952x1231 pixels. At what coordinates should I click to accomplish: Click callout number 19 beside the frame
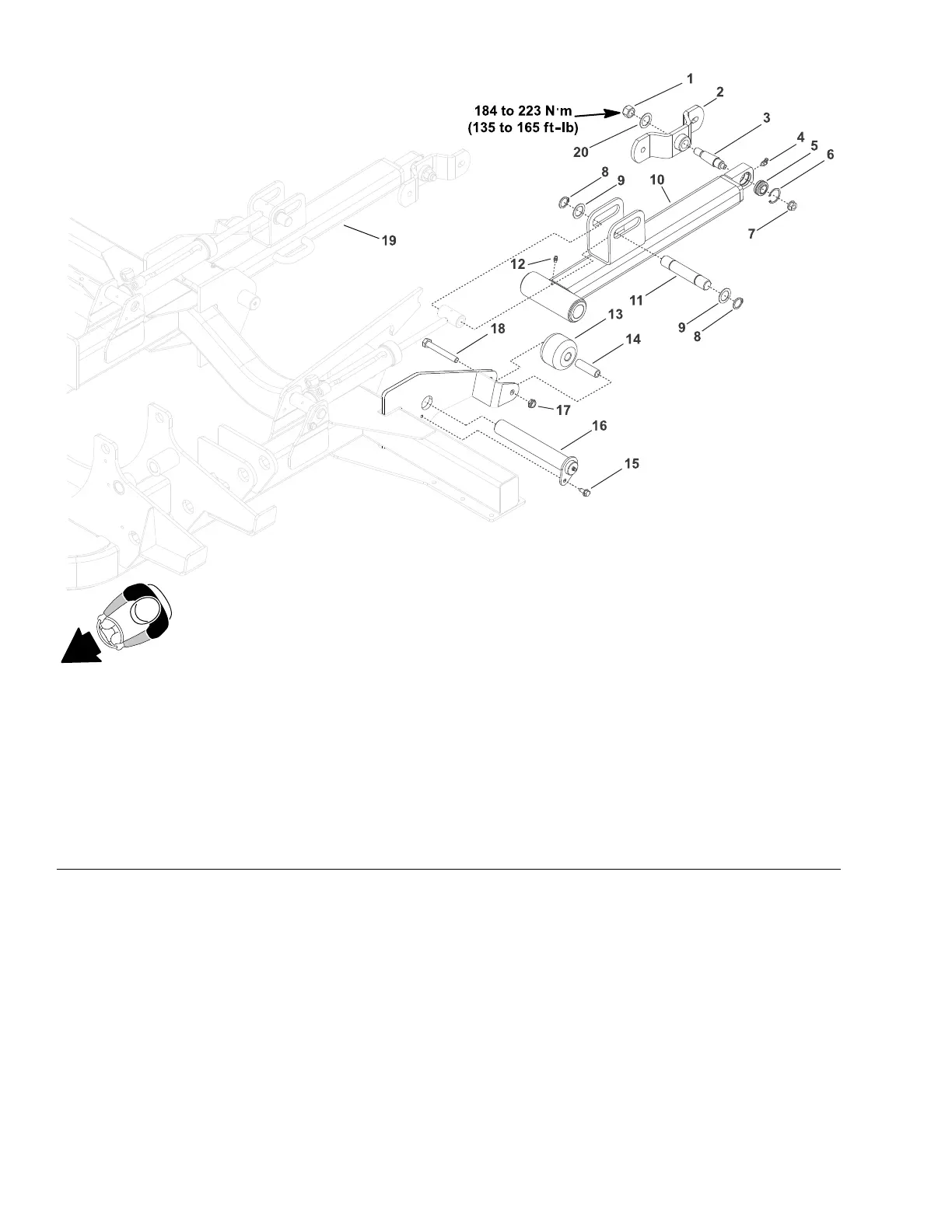tap(387, 241)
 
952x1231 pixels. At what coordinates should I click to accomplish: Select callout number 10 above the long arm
tap(657, 180)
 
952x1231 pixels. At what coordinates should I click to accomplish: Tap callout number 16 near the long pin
tap(599, 426)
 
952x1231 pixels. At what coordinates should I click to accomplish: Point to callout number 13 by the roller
tap(614, 314)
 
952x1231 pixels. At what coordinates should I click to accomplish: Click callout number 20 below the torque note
tap(581, 152)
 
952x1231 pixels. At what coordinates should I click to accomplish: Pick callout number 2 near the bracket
tap(719, 92)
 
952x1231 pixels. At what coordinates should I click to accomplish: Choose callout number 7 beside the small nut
tap(751, 232)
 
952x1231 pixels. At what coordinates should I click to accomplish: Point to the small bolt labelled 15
tap(587, 490)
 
